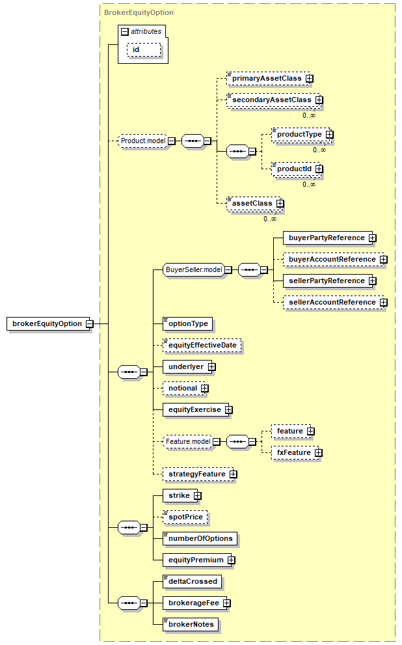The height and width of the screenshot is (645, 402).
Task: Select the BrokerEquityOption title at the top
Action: click(x=139, y=12)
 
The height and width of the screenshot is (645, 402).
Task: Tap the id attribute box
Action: click(x=136, y=49)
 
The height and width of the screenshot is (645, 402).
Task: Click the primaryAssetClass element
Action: click(x=265, y=79)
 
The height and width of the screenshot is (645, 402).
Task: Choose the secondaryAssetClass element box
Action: click(x=271, y=100)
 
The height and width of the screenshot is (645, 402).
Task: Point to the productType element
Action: click(x=299, y=135)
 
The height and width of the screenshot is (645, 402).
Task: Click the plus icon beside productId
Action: click(x=319, y=169)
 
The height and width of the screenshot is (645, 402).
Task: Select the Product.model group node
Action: click(x=143, y=141)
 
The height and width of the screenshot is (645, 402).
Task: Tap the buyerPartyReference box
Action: click(x=327, y=238)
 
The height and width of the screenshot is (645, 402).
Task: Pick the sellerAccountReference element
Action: click(x=332, y=303)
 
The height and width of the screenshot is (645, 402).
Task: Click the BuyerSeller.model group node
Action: click(x=194, y=270)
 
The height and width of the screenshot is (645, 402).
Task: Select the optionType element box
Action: click(x=187, y=323)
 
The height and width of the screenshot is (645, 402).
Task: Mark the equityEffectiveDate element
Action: click(x=202, y=345)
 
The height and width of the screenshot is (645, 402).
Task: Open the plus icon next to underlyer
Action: click(x=211, y=367)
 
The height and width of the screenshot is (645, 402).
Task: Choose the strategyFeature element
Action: click(x=196, y=474)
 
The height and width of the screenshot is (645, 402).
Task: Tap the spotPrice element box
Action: click(x=185, y=517)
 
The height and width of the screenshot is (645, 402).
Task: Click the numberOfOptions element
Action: click(x=200, y=539)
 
